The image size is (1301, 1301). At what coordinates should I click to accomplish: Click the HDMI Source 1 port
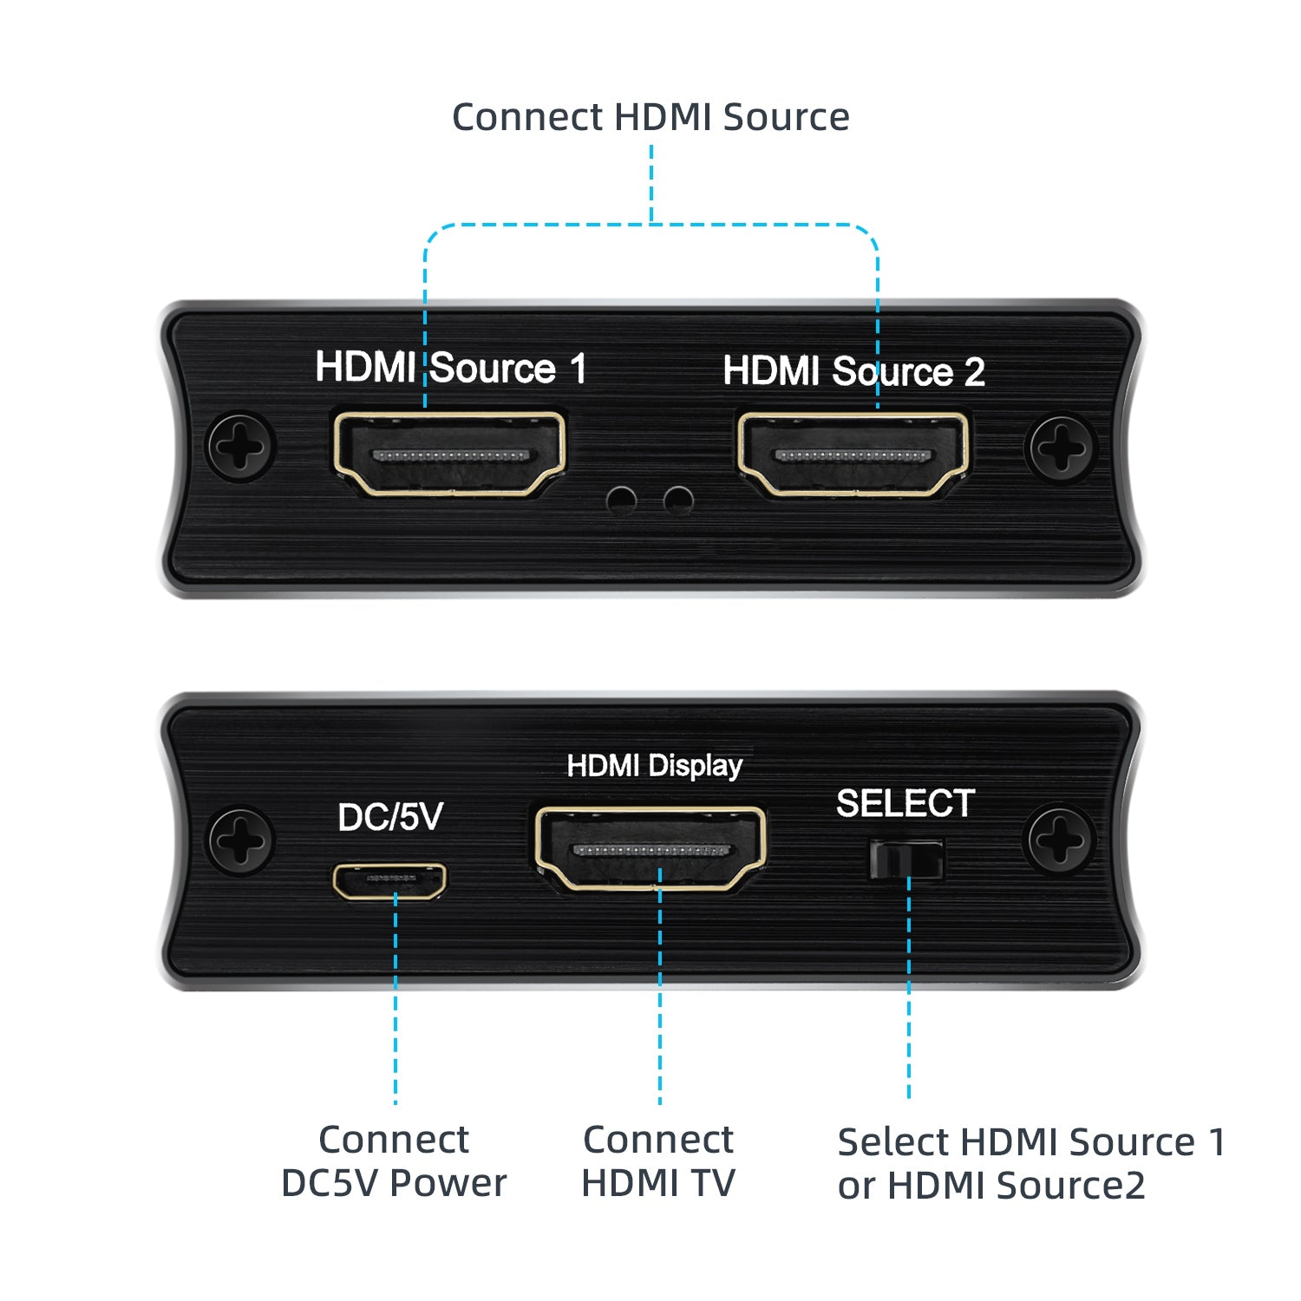coord(449,454)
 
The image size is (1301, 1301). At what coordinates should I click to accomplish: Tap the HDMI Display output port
coord(650,849)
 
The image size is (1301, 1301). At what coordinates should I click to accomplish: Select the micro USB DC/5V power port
coord(389,880)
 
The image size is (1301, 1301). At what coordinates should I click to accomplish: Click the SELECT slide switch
coord(906,859)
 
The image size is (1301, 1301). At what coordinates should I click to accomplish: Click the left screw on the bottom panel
coord(240,840)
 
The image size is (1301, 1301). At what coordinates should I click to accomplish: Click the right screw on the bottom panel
coord(1059,840)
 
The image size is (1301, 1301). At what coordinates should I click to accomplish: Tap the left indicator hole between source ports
coord(622,500)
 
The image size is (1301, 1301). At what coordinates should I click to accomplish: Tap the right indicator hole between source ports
coord(678,500)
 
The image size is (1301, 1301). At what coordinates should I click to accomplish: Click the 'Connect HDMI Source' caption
coord(650,117)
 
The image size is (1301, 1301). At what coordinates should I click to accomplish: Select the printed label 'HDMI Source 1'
coord(451,367)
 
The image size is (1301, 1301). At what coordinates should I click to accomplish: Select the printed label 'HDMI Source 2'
coord(854,371)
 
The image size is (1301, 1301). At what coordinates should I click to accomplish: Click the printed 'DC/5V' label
coord(390,817)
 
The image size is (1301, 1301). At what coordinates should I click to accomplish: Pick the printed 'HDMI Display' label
coord(655,767)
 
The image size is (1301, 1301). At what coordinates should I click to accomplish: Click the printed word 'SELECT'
coord(905,803)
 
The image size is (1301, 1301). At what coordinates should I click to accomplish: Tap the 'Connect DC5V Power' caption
coord(394,1161)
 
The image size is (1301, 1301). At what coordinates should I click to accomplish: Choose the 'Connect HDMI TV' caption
coord(658,1161)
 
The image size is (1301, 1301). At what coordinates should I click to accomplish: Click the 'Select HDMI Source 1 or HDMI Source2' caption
coord(1032,1163)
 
